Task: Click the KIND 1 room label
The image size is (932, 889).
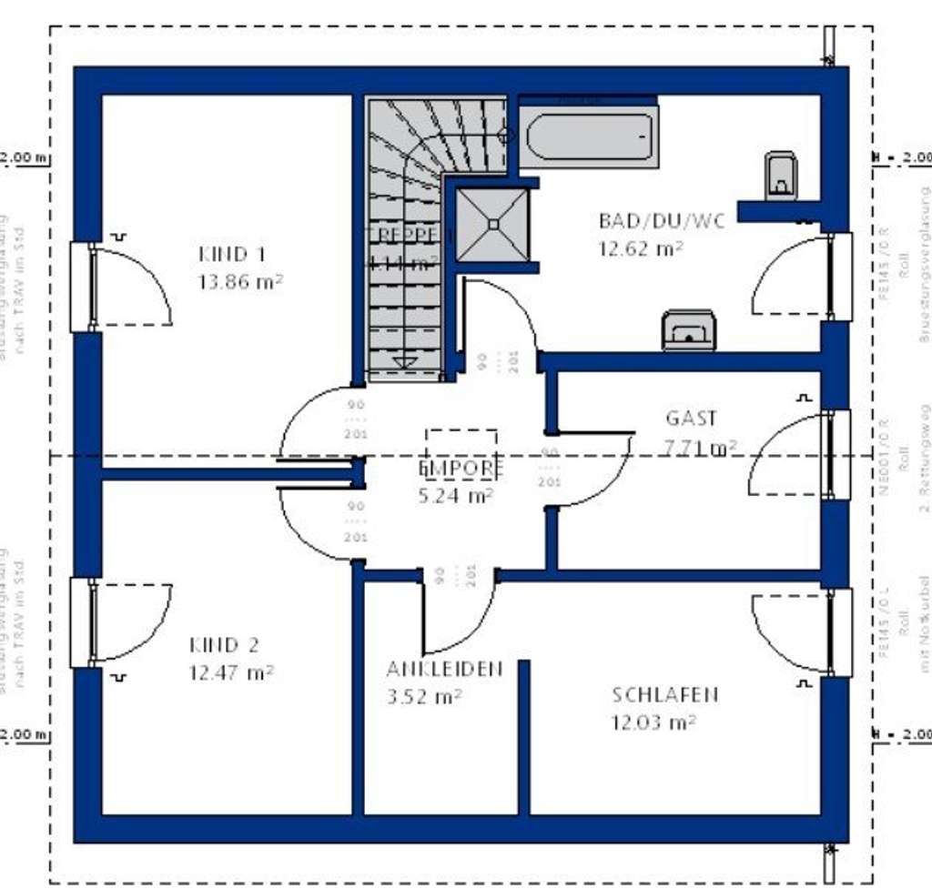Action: [x=231, y=254]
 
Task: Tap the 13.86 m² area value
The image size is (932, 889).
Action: [x=239, y=281]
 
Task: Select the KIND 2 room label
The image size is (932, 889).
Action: [x=224, y=646]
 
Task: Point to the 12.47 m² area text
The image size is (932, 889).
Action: [x=231, y=673]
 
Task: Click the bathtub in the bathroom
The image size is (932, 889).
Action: [x=590, y=136]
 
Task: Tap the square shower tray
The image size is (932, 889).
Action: [x=492, y=224]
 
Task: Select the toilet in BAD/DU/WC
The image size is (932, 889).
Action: [x=781, y=175]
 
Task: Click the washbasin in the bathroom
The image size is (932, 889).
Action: [x=689, y=330]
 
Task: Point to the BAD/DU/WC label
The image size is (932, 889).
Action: [x=662, y=221]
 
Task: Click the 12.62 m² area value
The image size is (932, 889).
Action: [x=641, y=248]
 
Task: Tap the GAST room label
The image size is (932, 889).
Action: [x=691, y=419]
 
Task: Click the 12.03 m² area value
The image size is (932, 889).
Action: [x=653, y=722]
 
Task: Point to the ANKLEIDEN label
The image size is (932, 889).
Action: [x=444, y=670]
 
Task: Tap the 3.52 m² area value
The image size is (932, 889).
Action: [x=422, y=697]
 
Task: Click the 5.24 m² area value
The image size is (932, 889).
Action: [x=455, y=496]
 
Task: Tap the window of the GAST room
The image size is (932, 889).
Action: [x=837, y=455]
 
